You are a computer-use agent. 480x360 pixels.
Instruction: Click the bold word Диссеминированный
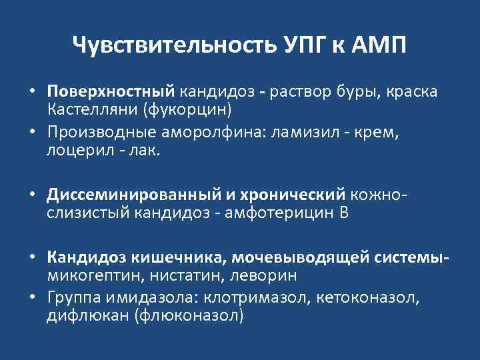click(x=137, y=194)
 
